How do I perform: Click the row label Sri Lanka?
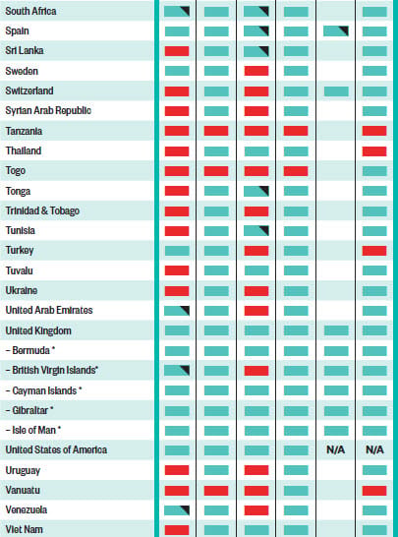point(25,51)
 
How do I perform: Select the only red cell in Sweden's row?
point(256,71)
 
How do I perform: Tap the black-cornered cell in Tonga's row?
point(256,191)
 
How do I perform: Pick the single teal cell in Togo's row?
point(374,171)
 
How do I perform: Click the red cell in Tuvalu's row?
point(177,270)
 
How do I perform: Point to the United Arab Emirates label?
point(49,310)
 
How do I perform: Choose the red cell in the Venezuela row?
point(256,510)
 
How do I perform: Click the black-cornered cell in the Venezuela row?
point(177,510)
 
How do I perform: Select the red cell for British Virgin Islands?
point(256,371)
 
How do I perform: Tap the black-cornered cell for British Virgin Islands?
point(177,371)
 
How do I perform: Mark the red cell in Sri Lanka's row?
point(177,51)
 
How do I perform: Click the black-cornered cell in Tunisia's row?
point(256,231)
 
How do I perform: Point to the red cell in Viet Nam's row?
point(177,530)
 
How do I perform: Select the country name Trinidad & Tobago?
point(42,210)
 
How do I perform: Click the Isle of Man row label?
point(33,430)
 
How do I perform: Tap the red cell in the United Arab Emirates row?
point(256,311)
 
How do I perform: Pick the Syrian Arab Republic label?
point(48,110)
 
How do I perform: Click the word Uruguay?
point(23,470)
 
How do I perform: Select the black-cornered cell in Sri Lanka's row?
point(256,51)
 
